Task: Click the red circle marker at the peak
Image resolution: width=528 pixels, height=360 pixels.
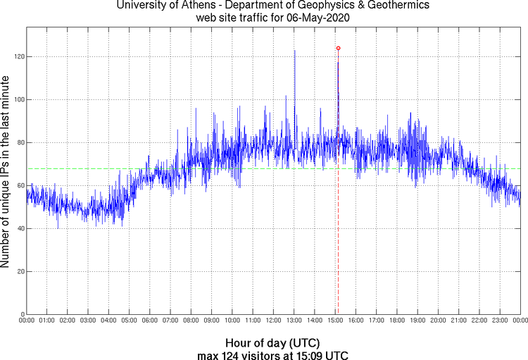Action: pyautogui.click(x=338, y=48)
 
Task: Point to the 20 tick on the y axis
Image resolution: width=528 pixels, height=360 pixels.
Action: pyautogui.click(x=19, y=271)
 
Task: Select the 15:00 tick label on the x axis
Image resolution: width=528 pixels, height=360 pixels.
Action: pyautogui.click(x=335, y=321)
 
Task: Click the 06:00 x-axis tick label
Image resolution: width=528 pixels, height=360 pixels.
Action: pyautogui.click(x=150, y=321)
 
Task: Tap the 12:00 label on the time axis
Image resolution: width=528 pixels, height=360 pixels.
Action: pyautogui.click(x=273, y=321)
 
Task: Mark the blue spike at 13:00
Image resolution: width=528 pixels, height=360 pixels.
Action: pyautogui.click(x=294, y=52)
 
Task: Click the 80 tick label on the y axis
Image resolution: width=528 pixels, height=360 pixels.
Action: pyautogui.click(x=19, y=142)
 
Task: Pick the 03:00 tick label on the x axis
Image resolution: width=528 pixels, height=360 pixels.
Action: pyautogui.click(x=88, y=321)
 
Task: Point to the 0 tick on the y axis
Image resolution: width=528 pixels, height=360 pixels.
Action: pyautogui.click(x=21, y=314)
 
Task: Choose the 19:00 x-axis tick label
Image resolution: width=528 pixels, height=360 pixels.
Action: pyautogui.click(x=417, y=321)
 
